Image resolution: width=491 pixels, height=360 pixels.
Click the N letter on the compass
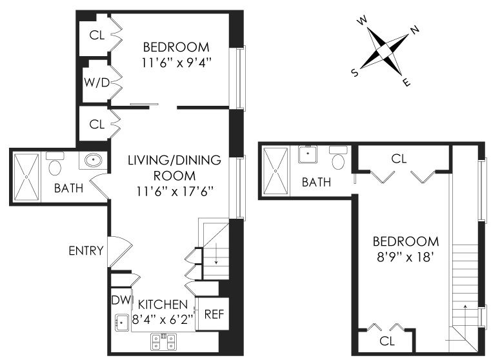click(x=415, y=30)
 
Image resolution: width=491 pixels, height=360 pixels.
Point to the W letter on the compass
click(x=363, y=21)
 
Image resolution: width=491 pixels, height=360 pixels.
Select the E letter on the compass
click(x=406, y=81)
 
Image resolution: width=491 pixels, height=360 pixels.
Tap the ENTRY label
click(x=86, y=250)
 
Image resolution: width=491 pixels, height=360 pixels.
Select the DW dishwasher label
click(x=120, y=300)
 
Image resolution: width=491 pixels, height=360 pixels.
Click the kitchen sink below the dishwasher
click(x=120, y=322)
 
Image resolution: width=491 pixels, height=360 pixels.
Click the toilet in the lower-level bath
click(x=55, y=165)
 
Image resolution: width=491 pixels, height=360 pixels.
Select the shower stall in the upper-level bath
click(x=276, y=169)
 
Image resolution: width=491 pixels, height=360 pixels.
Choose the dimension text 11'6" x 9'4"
click(x=176, y=63)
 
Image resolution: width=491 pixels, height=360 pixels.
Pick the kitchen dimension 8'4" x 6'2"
click(x=161, y=318)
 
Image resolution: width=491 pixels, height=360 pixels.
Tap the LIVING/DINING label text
click(x=174, y=160)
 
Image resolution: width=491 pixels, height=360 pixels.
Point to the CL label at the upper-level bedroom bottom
click(x=387, y=340)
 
